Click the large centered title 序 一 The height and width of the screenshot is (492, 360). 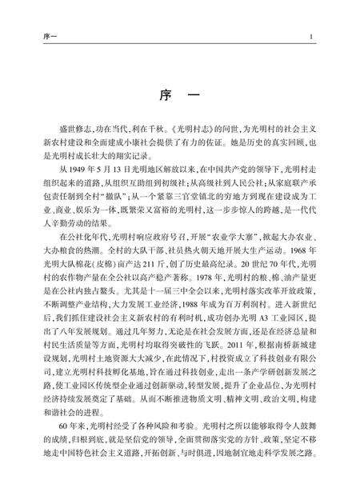(180, 94)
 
